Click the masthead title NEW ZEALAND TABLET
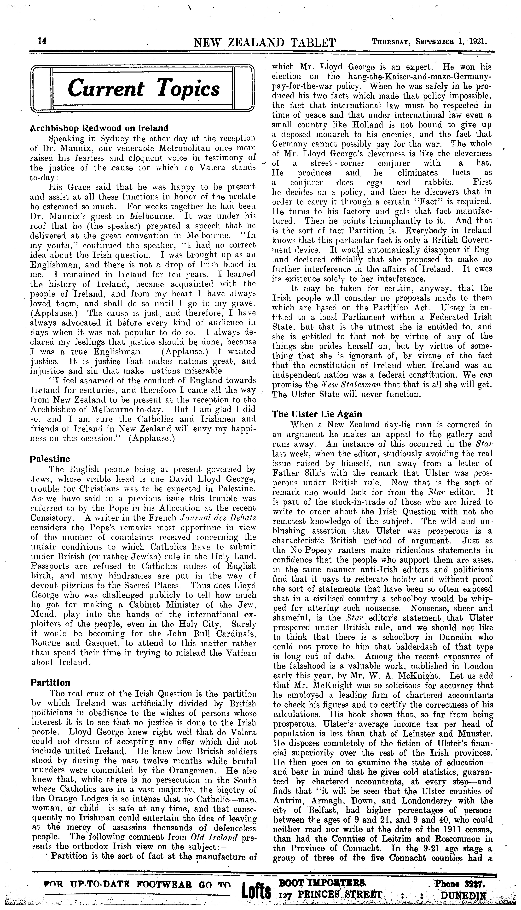pos(264,43)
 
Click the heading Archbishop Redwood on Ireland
pos(99,128)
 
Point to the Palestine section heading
pos(50,459)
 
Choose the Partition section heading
pos(50,683)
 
